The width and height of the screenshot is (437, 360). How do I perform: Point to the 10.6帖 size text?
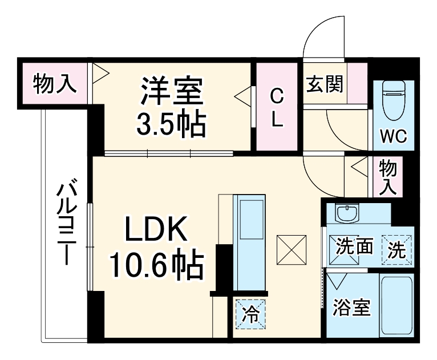[156, 264]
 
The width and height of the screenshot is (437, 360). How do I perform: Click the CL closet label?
[276, 107]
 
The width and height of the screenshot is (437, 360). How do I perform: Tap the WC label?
[393, 137]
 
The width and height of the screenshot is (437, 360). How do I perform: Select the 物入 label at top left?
[54, 84]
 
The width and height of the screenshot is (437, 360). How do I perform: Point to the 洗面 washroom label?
[354, 246]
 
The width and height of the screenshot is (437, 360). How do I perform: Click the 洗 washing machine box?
[397, 249]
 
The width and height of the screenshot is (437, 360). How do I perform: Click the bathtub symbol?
[397, 306]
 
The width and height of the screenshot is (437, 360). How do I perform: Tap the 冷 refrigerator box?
[251, 314]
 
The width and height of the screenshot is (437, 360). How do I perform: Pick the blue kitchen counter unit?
[250, 242]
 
